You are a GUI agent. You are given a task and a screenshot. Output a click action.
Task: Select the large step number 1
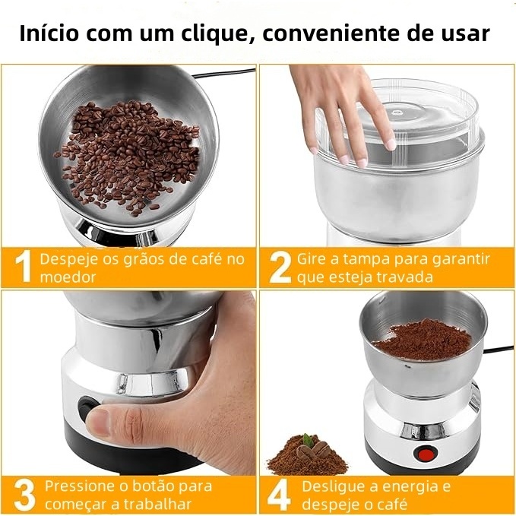[x=24, y=266]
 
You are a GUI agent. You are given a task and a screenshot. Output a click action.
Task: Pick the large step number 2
[x=280, y=267]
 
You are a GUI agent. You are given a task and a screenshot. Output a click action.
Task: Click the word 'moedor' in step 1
[x=68, y=277]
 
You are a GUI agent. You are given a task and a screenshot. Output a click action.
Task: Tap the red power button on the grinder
[x=427, y=454]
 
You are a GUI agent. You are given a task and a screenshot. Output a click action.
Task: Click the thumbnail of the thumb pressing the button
[x=97, y=423]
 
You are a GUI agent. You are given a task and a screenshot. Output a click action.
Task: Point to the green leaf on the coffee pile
[x=308, y=440]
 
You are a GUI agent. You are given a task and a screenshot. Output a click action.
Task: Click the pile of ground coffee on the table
[x=307, y=456]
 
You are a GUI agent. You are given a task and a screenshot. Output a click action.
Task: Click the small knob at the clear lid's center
[x=397, y=113]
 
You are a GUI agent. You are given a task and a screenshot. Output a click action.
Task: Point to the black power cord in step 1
[x=223, y=74]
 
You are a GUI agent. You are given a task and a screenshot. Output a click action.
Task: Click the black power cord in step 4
[x=499, y=350]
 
